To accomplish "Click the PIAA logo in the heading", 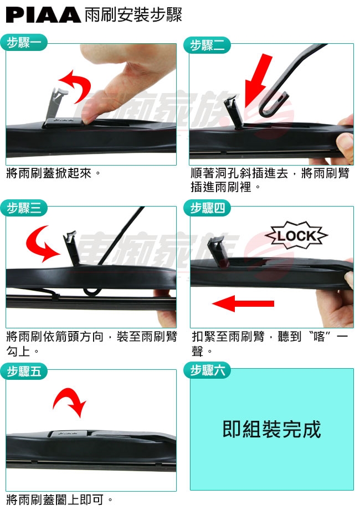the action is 43,15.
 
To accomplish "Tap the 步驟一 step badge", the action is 24,43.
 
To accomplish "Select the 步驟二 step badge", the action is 207,45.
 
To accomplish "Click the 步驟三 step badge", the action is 24,208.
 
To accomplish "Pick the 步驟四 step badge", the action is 207,208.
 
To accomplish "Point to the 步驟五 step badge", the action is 24,372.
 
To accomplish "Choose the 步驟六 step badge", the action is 207,370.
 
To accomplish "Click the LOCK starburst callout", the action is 296,235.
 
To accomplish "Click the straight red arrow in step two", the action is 258,80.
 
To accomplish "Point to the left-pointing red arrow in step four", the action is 243,303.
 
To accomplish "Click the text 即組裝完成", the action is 272,429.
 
